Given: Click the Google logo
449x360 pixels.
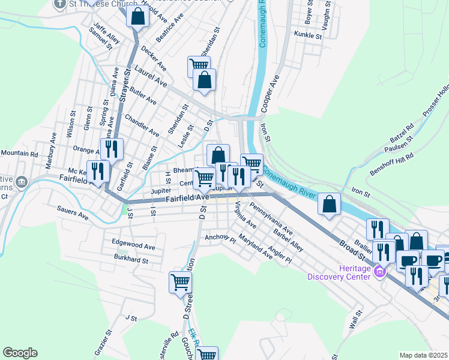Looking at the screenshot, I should [20, 353].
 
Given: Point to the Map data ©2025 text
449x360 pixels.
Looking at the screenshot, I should [423, 355].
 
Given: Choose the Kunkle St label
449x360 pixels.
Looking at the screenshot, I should [309, 37].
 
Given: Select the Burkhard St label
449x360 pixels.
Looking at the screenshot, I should [131, 259].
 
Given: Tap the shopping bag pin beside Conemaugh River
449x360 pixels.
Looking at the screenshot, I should [329, 204].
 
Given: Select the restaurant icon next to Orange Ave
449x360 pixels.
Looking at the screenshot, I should [111, 149].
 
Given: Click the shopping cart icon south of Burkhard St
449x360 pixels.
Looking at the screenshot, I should [180, 282].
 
